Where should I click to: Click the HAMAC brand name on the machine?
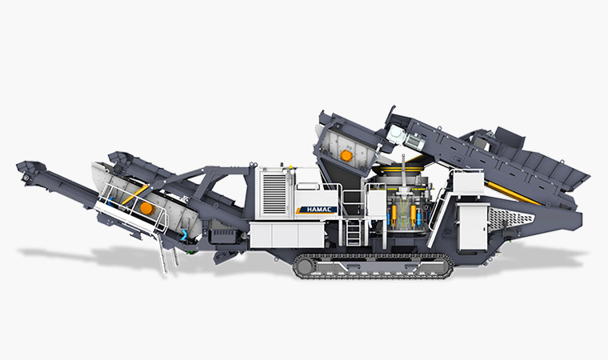pyautogui.click(x=317, y=210)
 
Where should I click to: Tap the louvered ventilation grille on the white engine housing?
pyautogui.click(x=274, y=194)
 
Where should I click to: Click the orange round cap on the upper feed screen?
pyautogui.click(x=346, y=156)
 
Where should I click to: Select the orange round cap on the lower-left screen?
pyautogui.click(x=147, y=208)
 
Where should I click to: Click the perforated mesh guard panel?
pyautogui.click(x=511, y=218)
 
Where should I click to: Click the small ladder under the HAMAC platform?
pyautogui.click(x=354, y=232)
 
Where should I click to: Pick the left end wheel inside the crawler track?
pyautogui.click(x=305, y=266)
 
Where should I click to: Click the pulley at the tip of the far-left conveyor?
pyautogui.click(x=26, y=178)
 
